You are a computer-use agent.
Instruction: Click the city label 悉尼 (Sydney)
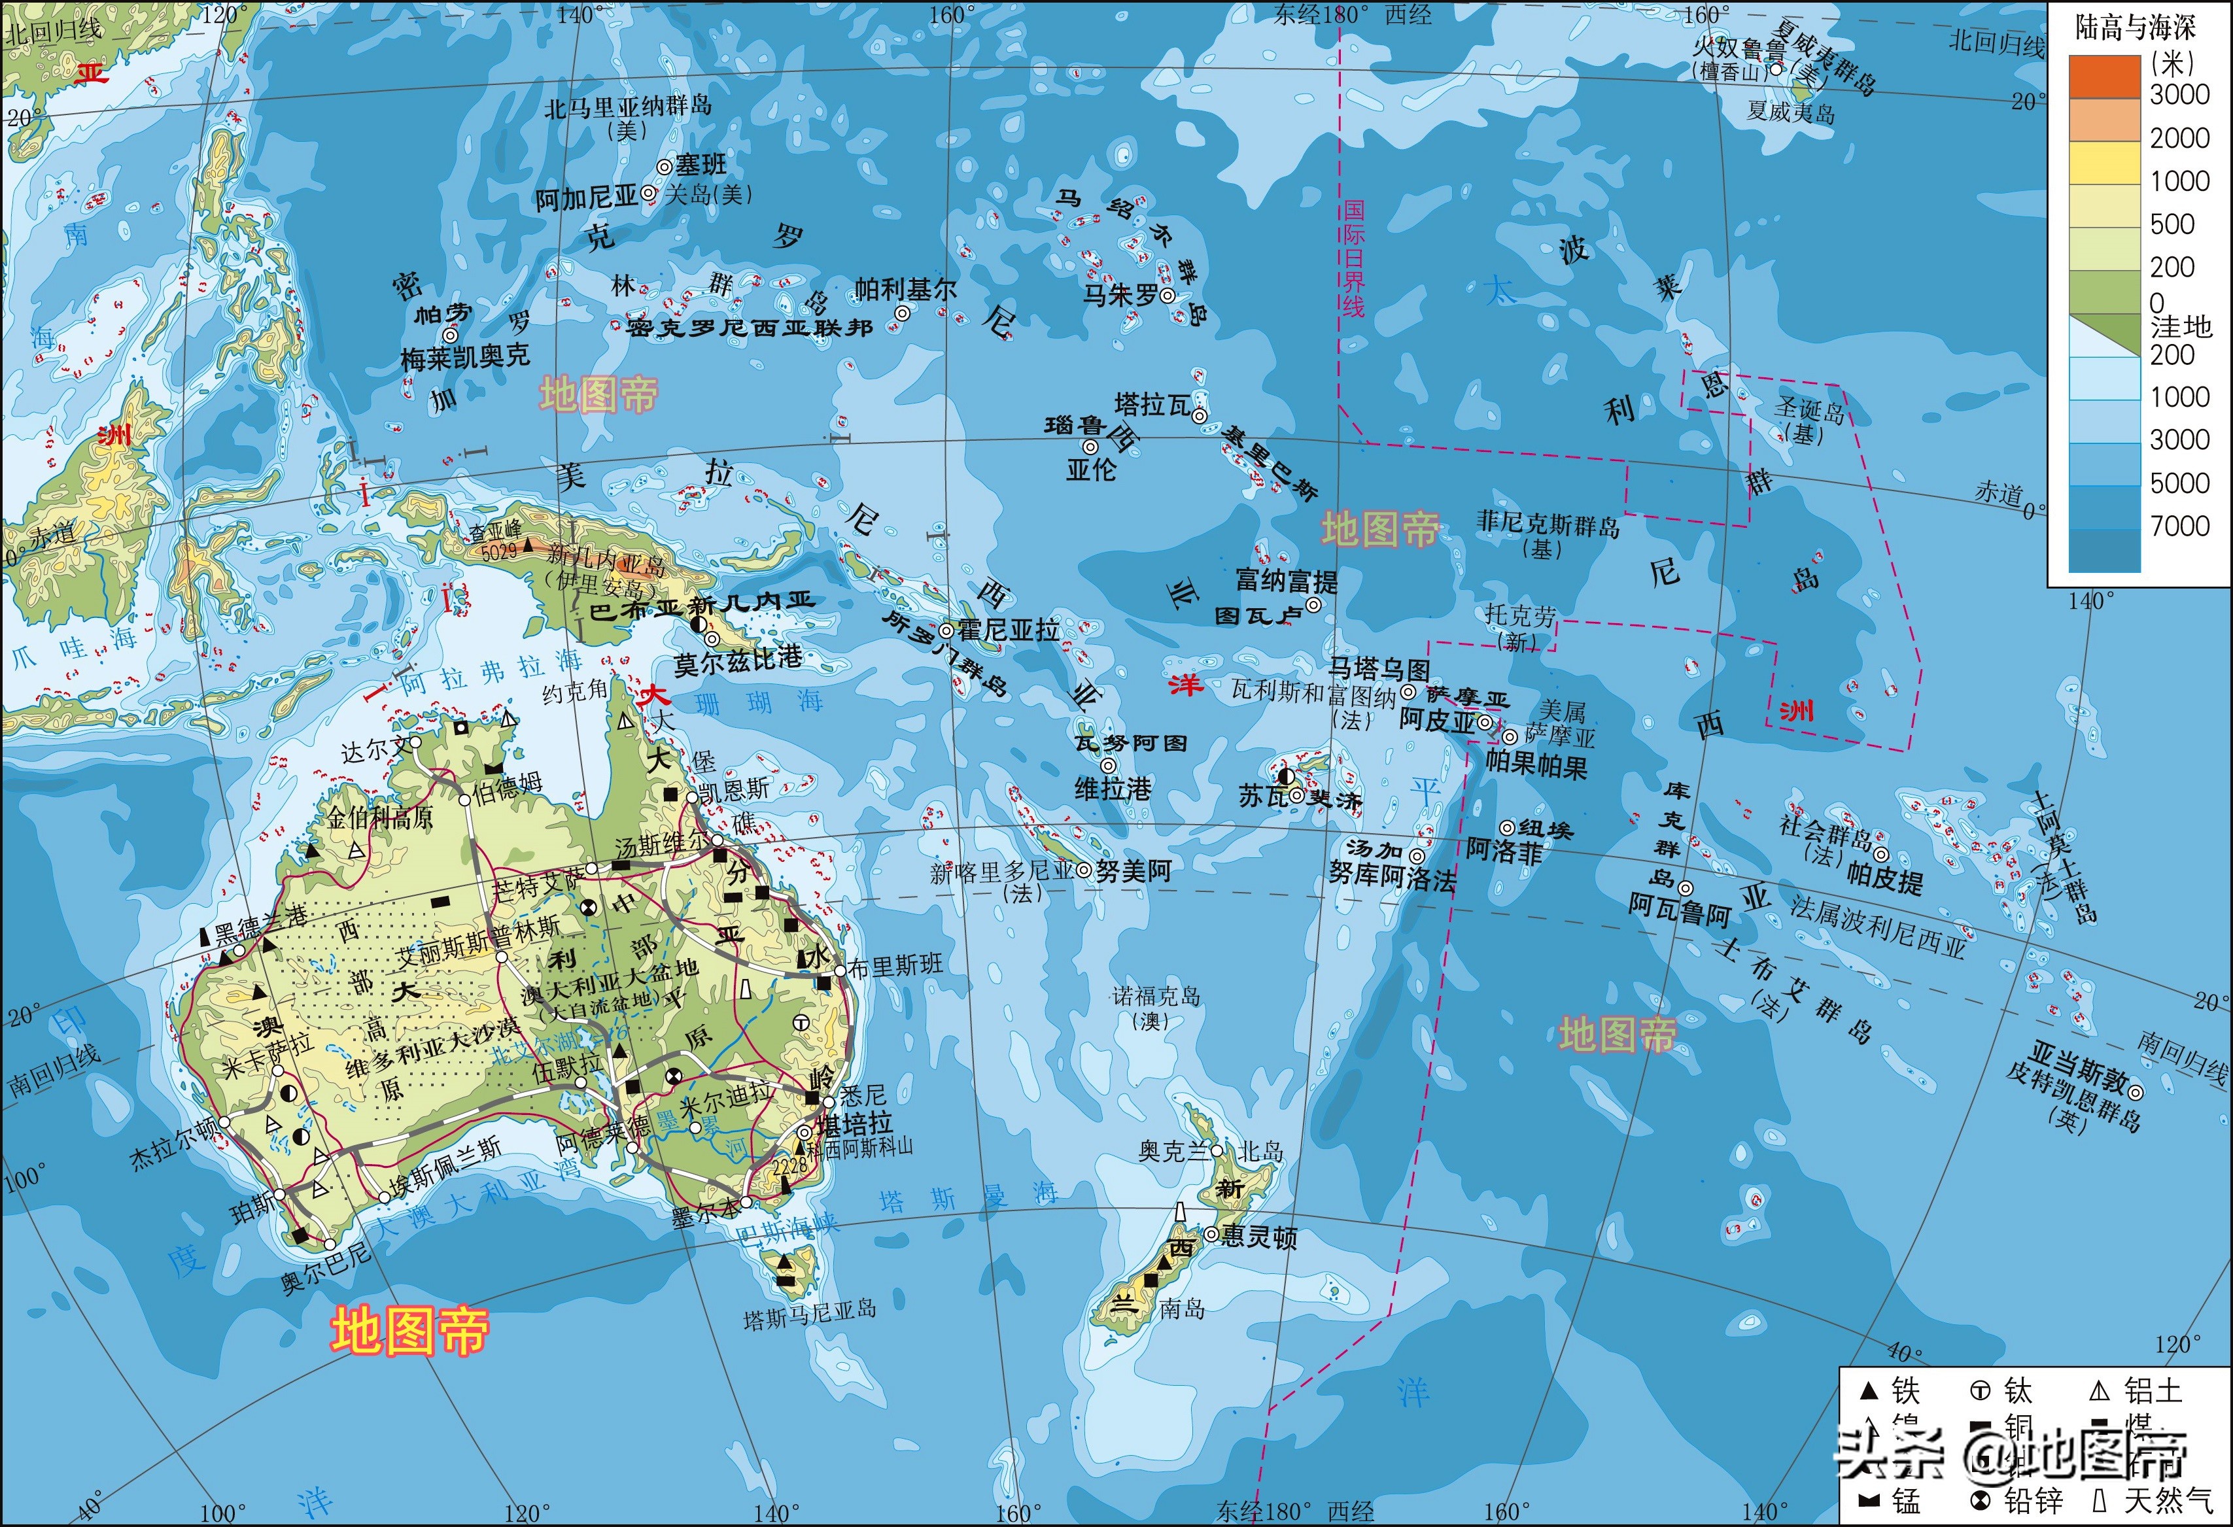pos(863,1095)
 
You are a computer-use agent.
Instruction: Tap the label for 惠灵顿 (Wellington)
pos(1258,1239)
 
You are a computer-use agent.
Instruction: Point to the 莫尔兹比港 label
pos(737,661)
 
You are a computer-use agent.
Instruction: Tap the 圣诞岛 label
pos(1809,411)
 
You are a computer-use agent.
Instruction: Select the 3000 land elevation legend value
pos(2179,94)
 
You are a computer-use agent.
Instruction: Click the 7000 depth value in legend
pos(2179,526)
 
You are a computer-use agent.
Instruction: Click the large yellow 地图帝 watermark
pos(410,1331)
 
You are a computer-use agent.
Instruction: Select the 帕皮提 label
pos(1884,880)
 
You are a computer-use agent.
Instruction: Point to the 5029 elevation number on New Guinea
pos(498,551)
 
